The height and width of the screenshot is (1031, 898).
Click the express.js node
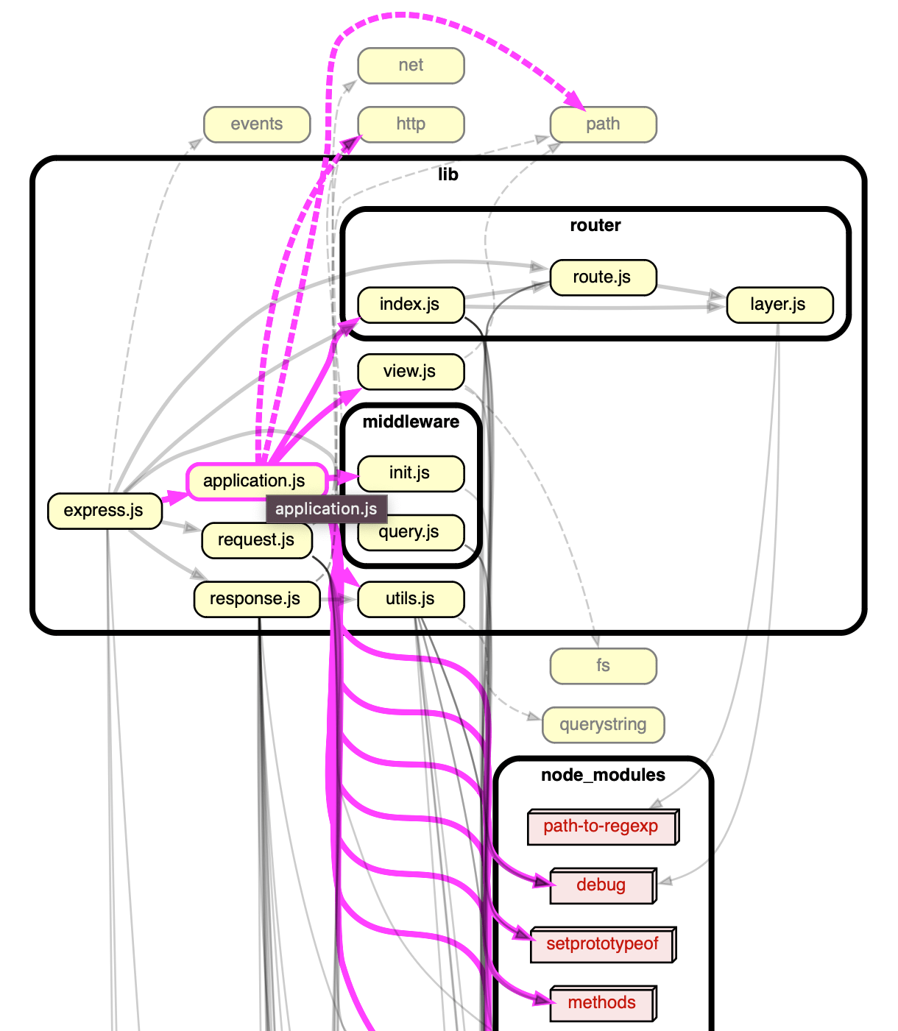(x=104, y=511)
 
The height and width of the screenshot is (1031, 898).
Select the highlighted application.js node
(x=254, y=481)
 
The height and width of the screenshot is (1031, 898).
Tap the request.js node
(x=255, y=540)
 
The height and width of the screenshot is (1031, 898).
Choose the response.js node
(x=255, y=599)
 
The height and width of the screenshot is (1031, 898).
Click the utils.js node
(x=410, y=599)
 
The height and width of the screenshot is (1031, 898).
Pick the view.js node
(x=410, y=372)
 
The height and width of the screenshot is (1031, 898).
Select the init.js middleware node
(x=410, y=473)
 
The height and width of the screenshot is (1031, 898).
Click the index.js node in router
(x=410, y=305)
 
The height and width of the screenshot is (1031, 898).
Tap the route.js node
(x=602, y=277)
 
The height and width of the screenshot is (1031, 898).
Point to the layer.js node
(x=779, y=305)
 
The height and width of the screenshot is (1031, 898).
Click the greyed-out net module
(x=411, y=65)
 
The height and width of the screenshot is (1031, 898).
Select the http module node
(x=411, y=124)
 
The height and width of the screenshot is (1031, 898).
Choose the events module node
(x=256, y=124)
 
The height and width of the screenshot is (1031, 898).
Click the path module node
(x=603, y=124)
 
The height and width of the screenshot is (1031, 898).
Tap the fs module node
(x=603, y=666)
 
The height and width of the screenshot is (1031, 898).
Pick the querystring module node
(x=603, y=725)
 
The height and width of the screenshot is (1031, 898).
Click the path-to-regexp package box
(x=601, y=827)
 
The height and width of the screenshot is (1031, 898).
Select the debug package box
(x=601, y=885)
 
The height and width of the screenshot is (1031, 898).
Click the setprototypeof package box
(x=602, y=944)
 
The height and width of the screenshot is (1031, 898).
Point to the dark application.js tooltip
(x=326, y=509)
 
